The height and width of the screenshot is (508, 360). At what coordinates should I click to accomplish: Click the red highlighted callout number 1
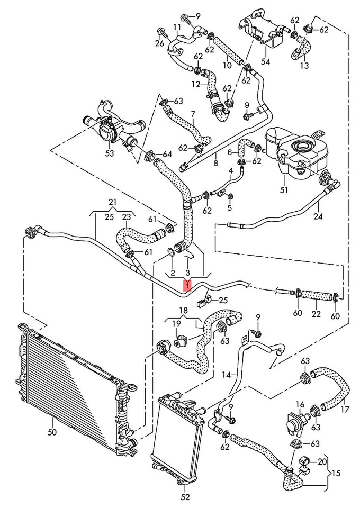(x=187, y=286)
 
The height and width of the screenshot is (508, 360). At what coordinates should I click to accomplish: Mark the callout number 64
(x=167, y=155)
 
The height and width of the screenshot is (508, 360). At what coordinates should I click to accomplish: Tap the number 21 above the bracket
(x=112, y=203)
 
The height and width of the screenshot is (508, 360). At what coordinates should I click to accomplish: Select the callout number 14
(x=227, y=375)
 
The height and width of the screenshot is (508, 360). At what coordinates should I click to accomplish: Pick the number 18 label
(x=183, y=311)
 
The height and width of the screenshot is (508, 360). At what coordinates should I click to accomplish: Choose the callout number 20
(x=321, y=461)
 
